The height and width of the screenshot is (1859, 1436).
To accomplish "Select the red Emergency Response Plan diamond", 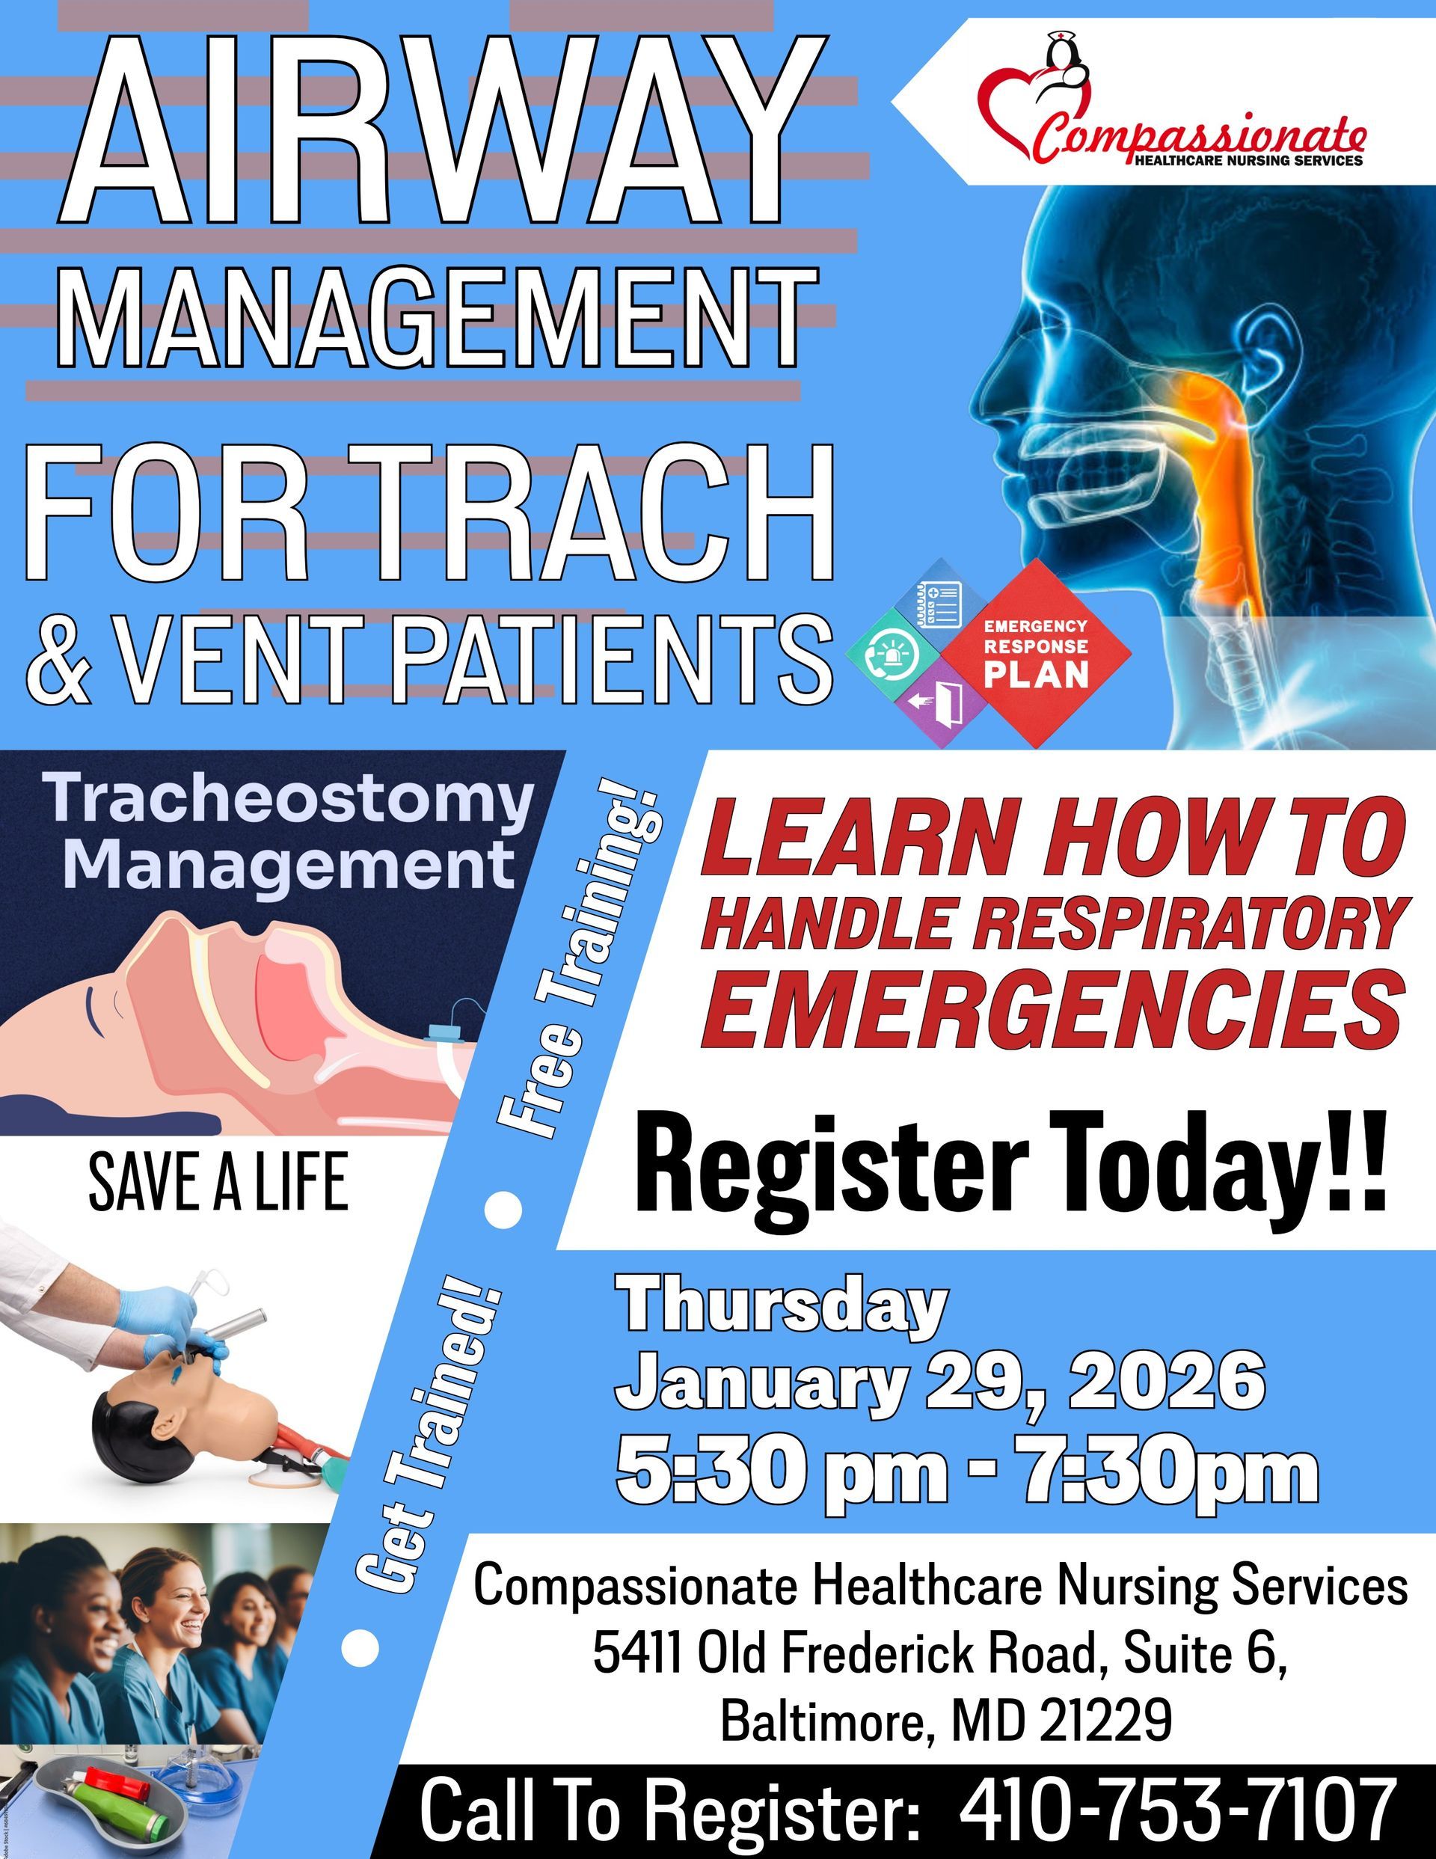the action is (x=1036, y=653).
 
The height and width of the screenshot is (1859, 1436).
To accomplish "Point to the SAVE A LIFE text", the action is (x=218, y=1182).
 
